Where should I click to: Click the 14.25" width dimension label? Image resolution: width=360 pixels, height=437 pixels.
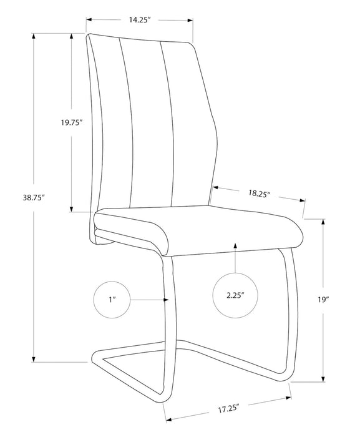(140, 19)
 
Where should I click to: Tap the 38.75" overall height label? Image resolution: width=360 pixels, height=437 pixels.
(34, 197)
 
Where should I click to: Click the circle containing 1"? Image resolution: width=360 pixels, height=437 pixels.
(112, 300)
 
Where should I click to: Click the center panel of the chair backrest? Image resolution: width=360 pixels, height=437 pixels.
(146, 125)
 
